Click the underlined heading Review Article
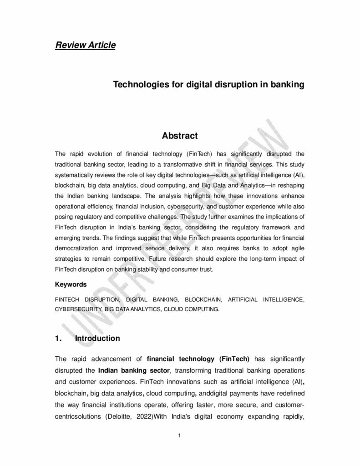pos(85,45)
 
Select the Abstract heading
pos(180,136)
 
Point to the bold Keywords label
pos(71,284)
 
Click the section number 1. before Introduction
pos(58,338)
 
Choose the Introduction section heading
pos(97,338)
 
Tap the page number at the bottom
pos(180,436)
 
